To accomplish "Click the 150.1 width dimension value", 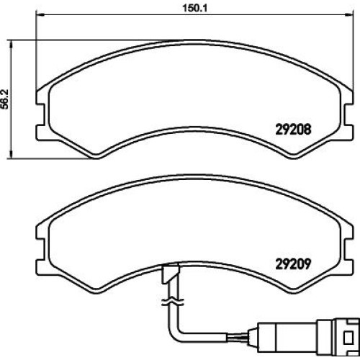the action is tap(194, 8).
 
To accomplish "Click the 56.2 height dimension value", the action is tap(5, 99).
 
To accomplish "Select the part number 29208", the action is tap(293, 130).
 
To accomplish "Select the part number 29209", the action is tap(293, 264).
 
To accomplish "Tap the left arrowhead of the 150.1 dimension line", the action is tap(40, 15).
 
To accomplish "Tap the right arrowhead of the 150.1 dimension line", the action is tap(349, 15).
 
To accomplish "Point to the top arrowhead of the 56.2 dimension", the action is tap(11, 44).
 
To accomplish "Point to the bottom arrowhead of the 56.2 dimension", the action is tap(11, 155).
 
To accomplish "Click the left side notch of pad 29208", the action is tap(40, 114).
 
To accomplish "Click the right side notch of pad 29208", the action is tap(348, 114).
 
